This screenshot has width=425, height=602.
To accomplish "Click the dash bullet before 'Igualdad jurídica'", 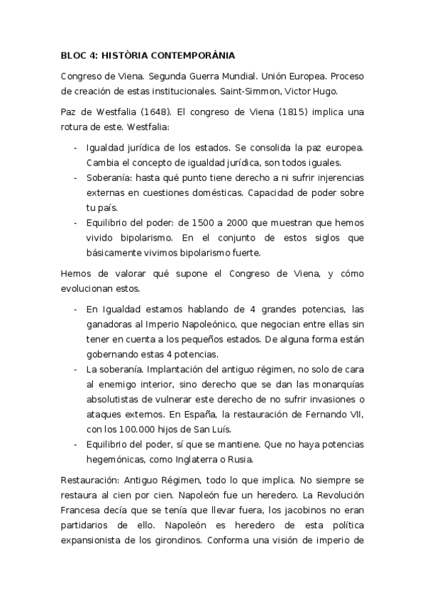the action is coord(76,148).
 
